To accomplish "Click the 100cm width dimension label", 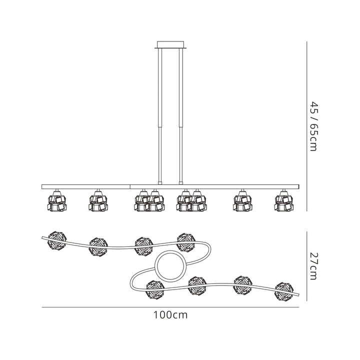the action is pyautogui.click(x=170, y=315).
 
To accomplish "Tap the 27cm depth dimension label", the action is pyautogui.click(x=313, y=266).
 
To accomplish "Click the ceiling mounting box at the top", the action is pyautogui.click(x=170, y=45).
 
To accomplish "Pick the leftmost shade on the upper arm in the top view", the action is pyautogui.click(x=57, y=240).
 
